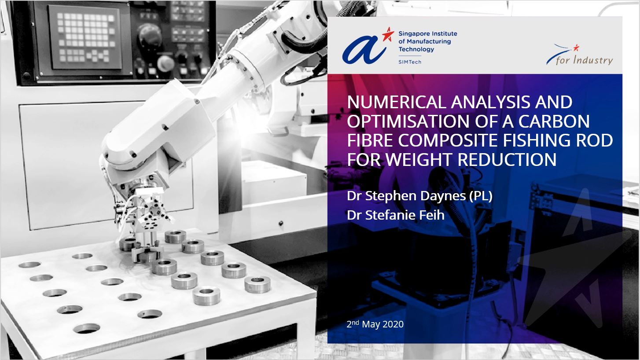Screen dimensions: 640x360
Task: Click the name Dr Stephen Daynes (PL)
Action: [x=419, y=196]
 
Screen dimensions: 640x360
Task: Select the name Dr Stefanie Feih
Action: [x=396, y=215]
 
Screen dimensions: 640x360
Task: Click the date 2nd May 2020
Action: [x=375, y=324]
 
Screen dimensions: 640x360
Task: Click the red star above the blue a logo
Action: [x=388, y=34]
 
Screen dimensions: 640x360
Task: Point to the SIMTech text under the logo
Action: [x=410, y=62]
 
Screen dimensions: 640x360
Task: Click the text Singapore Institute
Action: [x=428, y=33]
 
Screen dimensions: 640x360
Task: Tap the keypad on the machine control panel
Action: [x=85, y=37]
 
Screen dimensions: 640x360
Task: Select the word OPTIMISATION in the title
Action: [x=408, y=121]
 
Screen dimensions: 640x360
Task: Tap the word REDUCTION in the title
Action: [x=508, y=159]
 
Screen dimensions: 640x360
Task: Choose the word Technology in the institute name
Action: [x=416, y=49]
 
